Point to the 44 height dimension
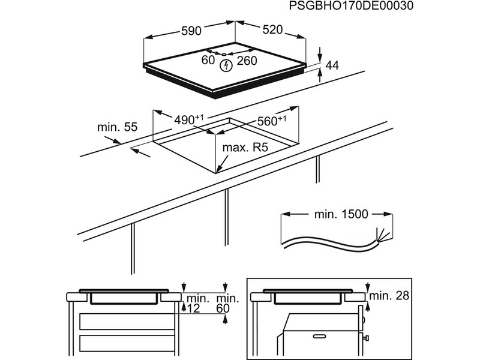pyautogui.click(x=332, y=66)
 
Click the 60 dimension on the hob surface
pyautogui.click(x=208, y=61)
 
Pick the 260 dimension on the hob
pyautogui.click(x=247, y=61)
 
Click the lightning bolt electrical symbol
pyautogui.click(x=227, y=65)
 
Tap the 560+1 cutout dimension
pyautogui.click(x=271, y=120)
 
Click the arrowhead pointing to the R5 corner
pyautogui.click(x=220, y=167)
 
